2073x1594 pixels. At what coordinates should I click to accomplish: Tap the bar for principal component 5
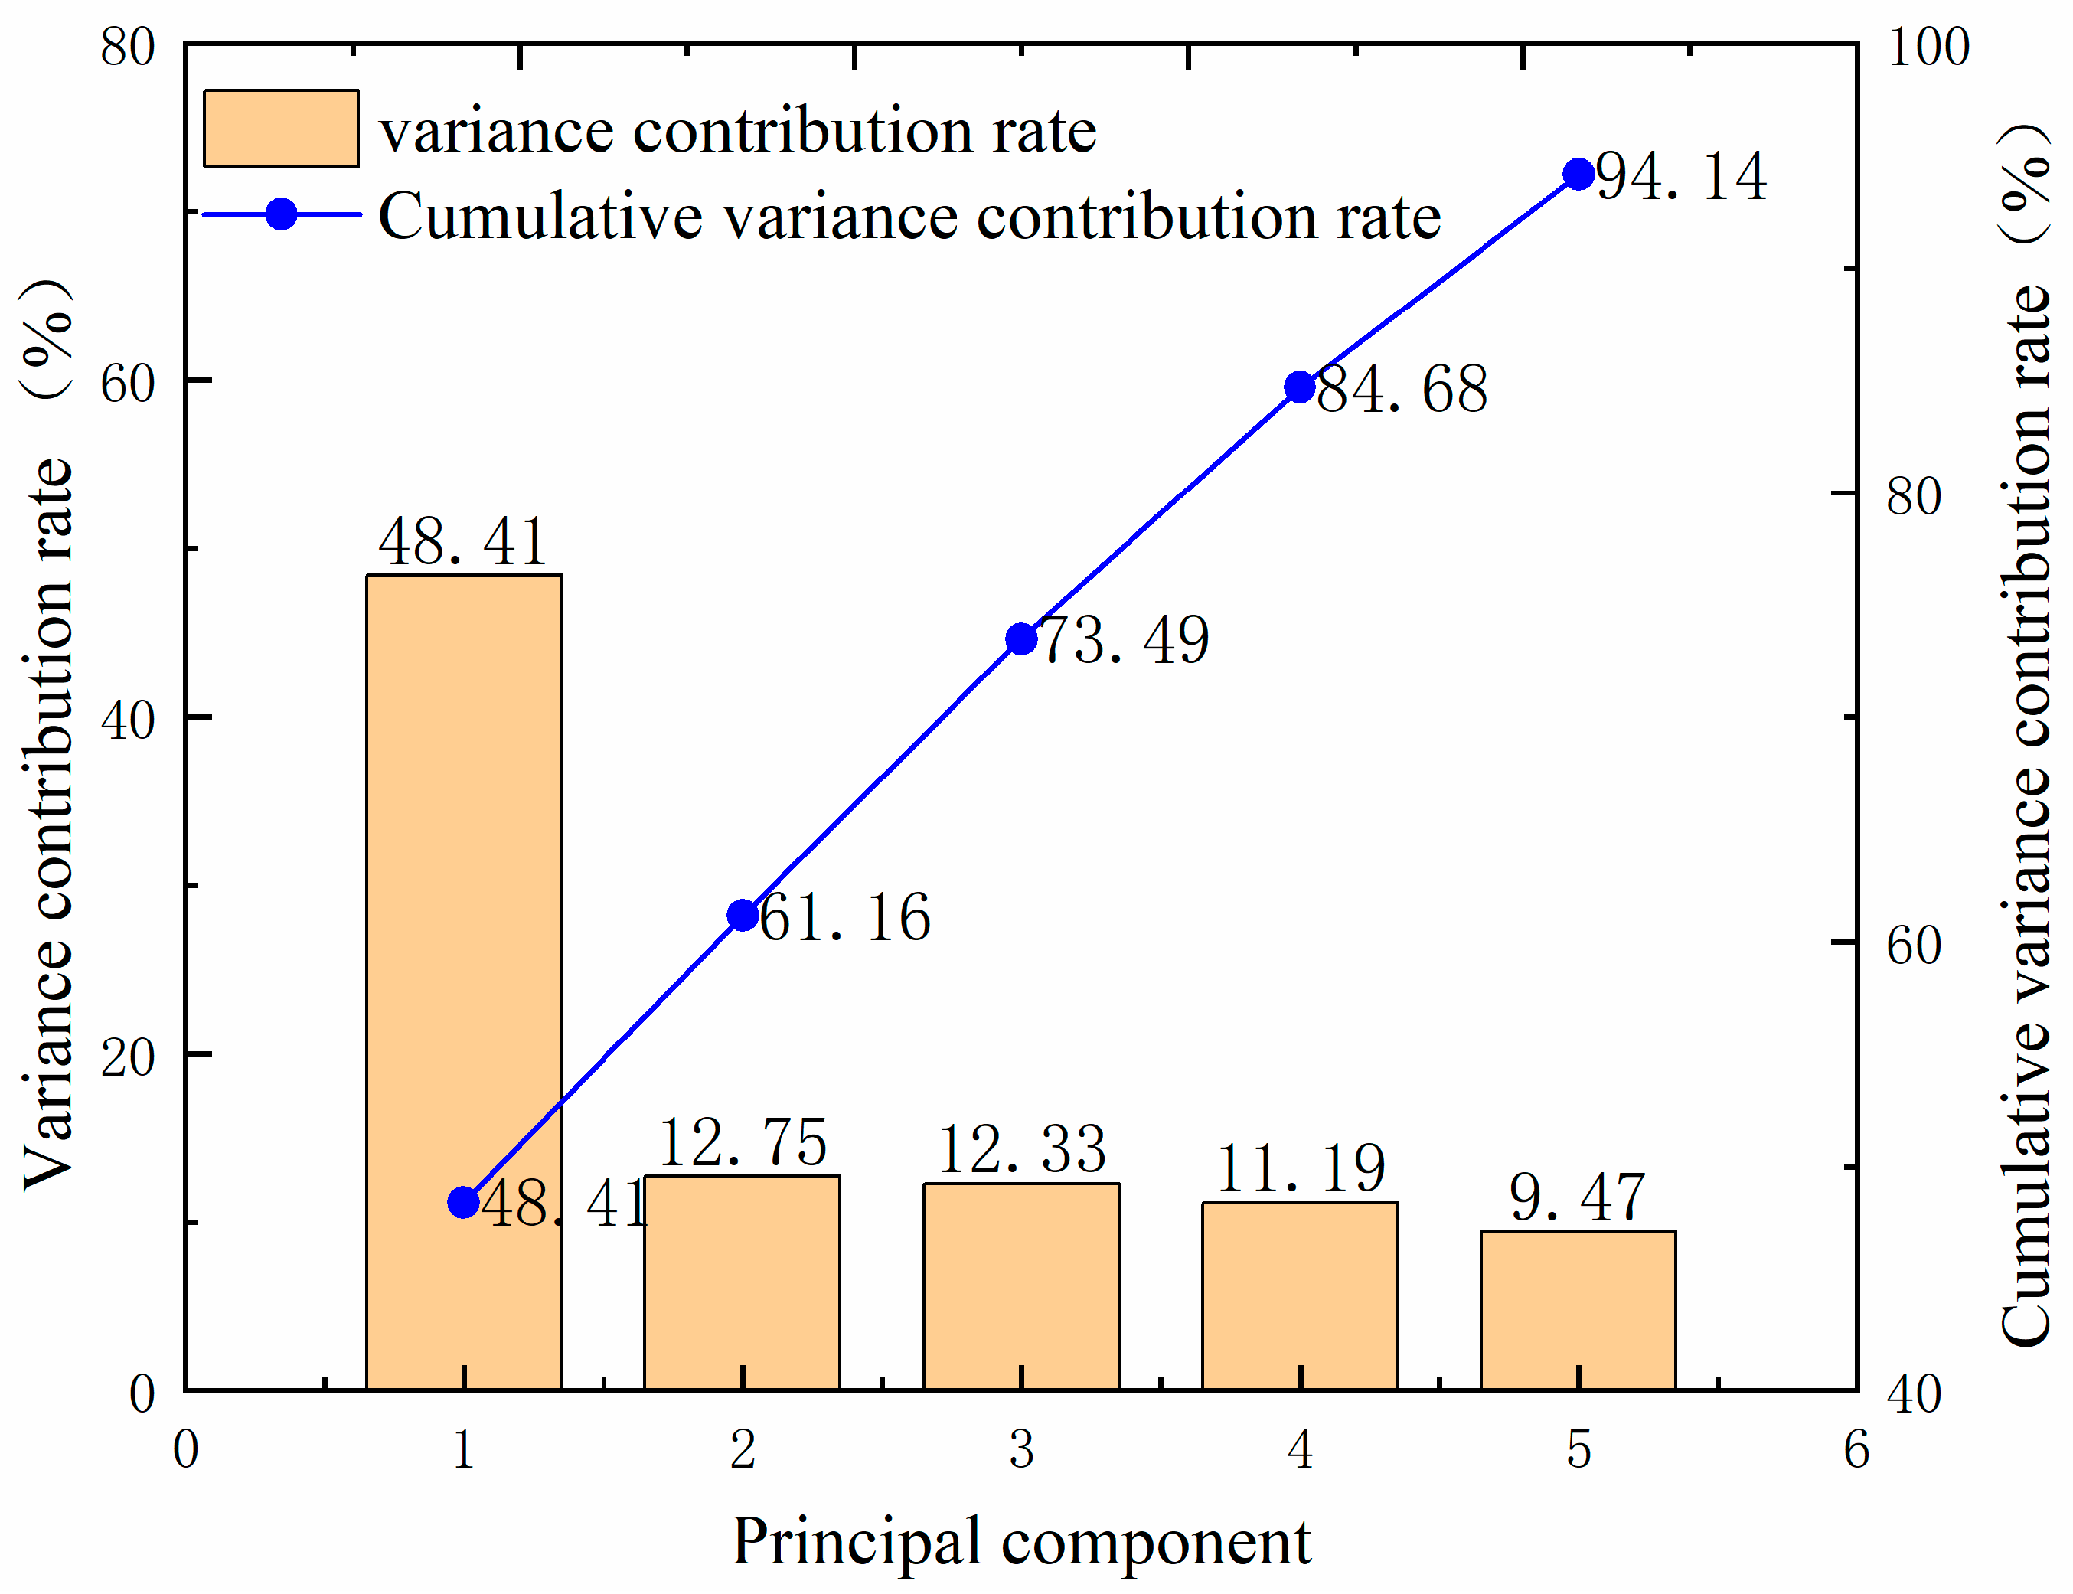(x=1578, y=1310)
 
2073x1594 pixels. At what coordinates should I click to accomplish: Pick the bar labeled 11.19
(x=1300, y=1296)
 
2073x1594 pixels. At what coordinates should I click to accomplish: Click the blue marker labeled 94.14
(x=1578, y=175)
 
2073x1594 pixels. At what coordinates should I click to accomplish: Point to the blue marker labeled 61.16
(x=742, y=915)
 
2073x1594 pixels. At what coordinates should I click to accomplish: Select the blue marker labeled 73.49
(x=1021, y=639)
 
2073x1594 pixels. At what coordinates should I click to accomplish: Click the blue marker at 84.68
(x=1300, y=387)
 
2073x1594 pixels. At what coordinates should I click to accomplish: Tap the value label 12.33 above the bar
(x=1021, y=1150)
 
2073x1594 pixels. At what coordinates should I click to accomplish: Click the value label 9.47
(x=1576, y=1198)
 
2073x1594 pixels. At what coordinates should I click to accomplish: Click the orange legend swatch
(x=281, y=128)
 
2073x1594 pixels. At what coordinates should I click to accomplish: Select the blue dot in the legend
(x=281, y=214)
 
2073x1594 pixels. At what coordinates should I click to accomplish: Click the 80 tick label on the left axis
(x=127, y=47)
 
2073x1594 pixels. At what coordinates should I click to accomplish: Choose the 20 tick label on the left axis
(x=127, y=1056)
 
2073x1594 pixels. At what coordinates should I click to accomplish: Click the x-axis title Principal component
(x=1021, y=1543)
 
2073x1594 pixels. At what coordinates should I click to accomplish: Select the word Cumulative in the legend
(x=540, y=217)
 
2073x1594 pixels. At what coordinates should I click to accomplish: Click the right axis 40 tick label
(x=1915, y=1395)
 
